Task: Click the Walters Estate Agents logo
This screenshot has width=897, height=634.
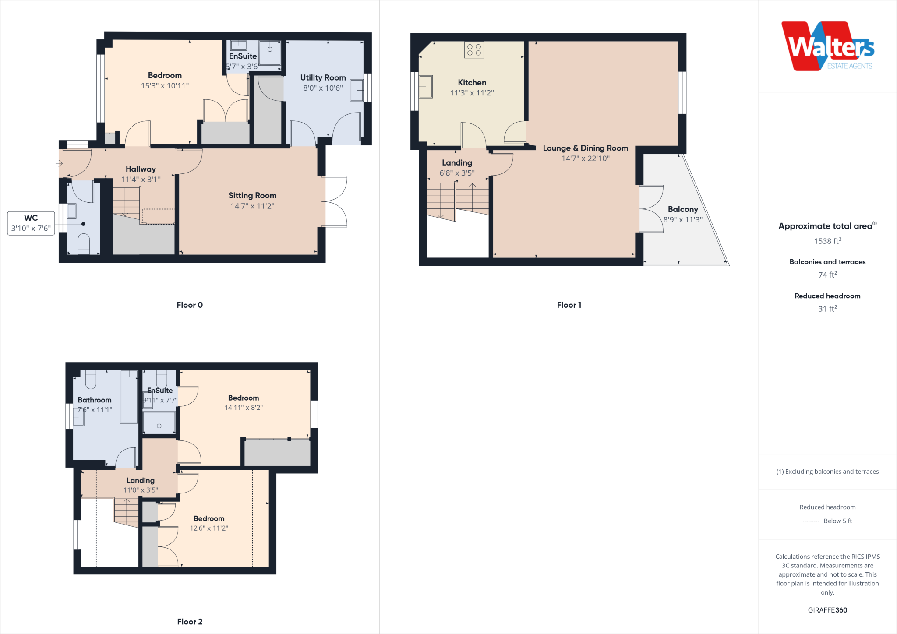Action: [x=827, y=46]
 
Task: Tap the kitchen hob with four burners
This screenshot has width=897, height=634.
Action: [x=474, y=50]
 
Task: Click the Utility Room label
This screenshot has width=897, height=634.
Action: [x=323, y=77]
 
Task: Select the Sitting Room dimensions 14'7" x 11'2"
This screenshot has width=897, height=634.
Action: [x=252, y=206]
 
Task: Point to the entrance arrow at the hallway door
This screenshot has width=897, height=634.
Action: [x=60, y=163]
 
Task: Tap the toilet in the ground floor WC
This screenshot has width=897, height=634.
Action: [x=84, y=243]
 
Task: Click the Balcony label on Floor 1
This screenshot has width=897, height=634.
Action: [x=682, y=209]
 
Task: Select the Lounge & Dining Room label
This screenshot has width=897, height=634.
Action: [x=585, y=148]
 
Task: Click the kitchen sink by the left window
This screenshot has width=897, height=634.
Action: [x=426, y=87]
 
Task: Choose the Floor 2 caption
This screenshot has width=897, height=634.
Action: [x=190, y=621]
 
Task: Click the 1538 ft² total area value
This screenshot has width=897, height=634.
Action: [x=827, y=241]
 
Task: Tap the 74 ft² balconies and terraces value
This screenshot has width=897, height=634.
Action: [x=827, y=275]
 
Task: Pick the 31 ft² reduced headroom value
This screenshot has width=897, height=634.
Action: [x=827, y=309]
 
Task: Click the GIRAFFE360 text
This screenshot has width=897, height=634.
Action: [x=827, y=610]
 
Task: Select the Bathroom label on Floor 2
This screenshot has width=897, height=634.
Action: [x=95, y=400]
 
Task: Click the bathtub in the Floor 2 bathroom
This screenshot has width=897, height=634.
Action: [x=129, y=396]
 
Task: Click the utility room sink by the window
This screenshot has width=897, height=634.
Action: [x=357, y=90]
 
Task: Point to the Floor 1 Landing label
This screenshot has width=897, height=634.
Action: [x=457, y=162]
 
